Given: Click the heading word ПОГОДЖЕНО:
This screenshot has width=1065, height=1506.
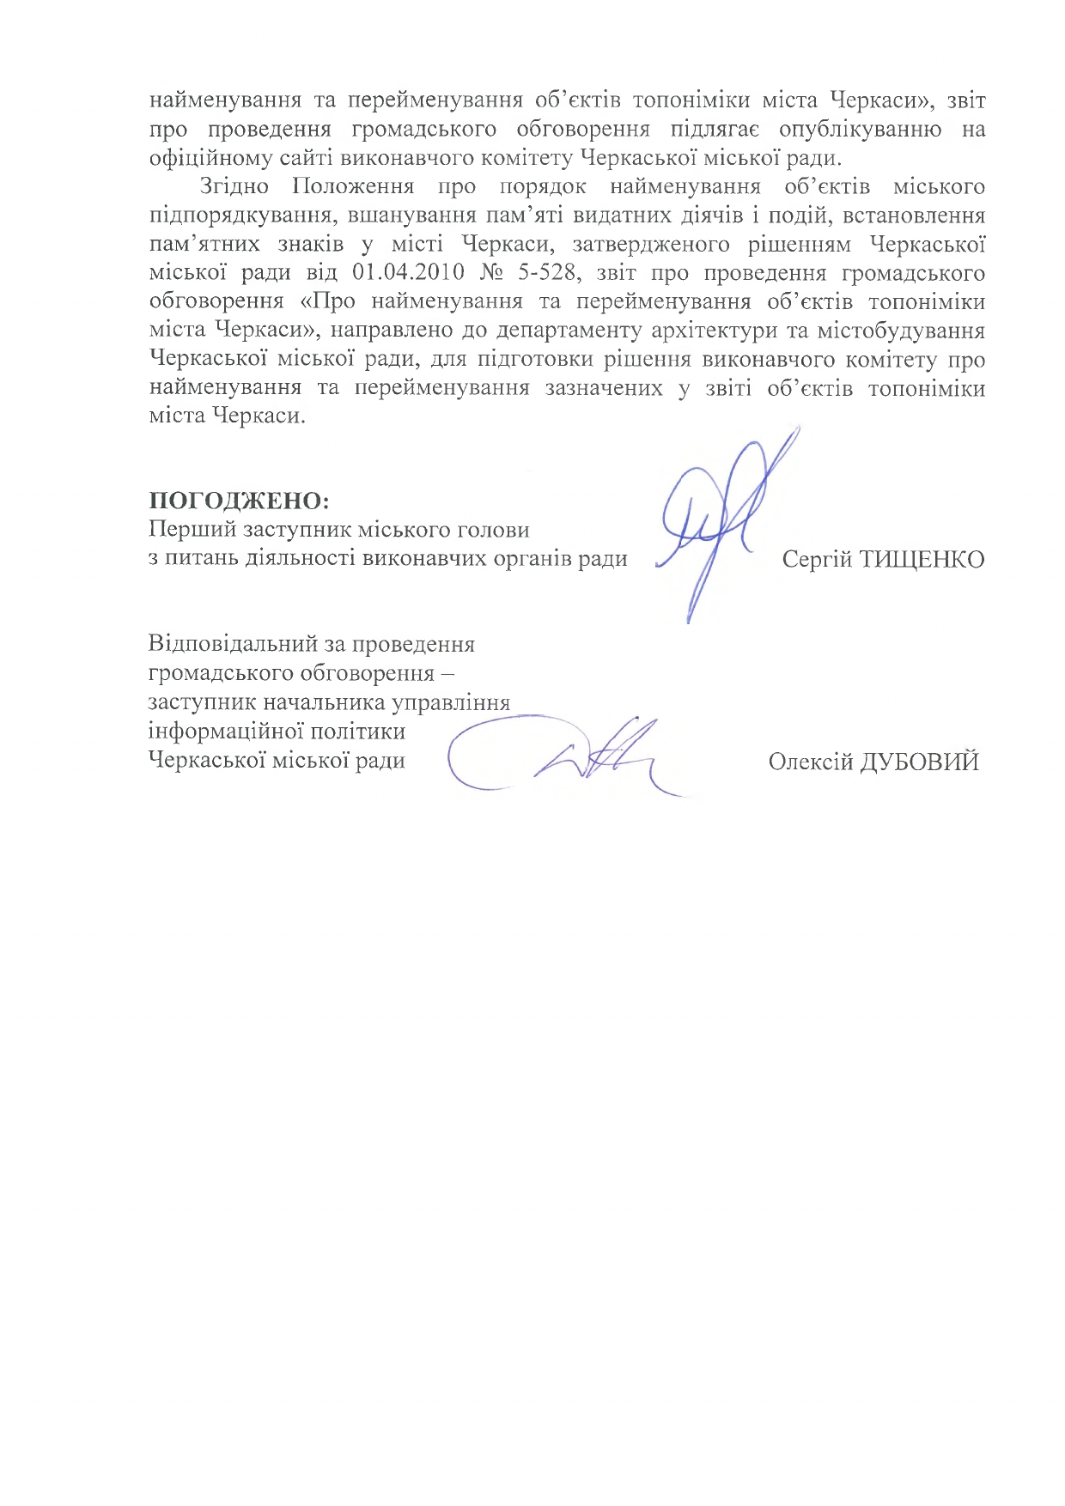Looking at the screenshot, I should click(239, 501).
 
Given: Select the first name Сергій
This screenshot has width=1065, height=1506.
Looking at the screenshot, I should click(817, 560).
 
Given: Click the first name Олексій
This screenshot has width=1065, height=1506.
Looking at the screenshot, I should click(810, 762).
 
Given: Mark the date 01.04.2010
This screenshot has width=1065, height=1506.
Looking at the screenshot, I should click(409, 273).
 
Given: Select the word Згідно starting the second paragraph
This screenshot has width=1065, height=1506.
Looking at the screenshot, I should click(234, 186).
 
